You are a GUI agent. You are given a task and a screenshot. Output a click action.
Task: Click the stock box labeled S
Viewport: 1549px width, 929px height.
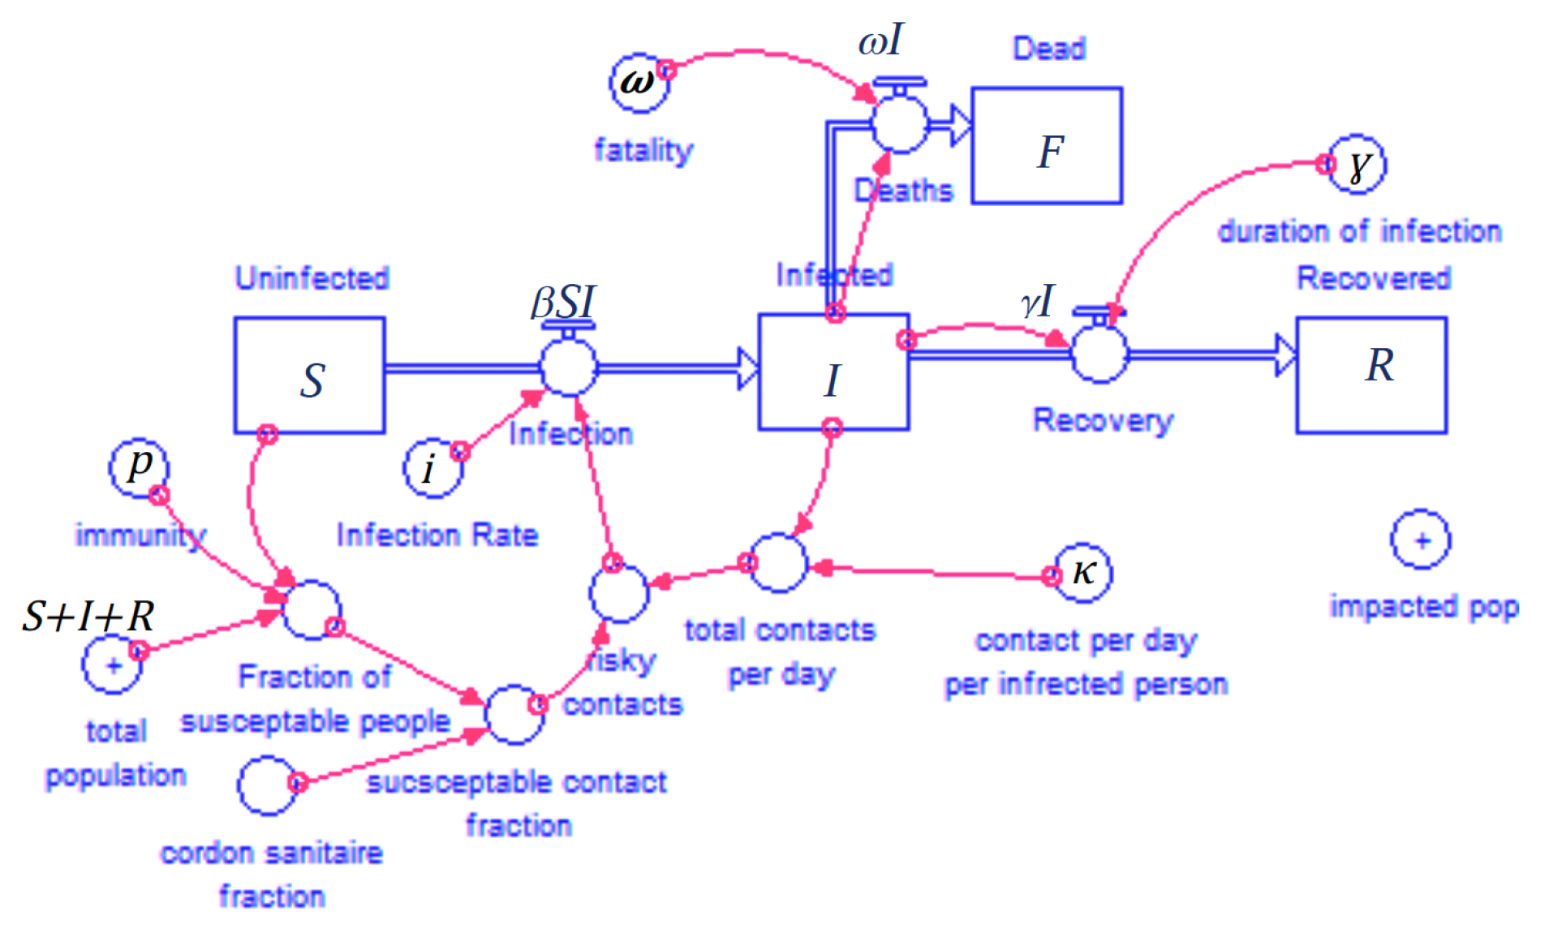(309, 375)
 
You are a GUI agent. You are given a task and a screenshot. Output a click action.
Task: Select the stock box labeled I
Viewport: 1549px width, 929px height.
(833, 372)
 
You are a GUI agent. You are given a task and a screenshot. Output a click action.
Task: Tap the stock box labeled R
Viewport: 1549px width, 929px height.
(1371, 375)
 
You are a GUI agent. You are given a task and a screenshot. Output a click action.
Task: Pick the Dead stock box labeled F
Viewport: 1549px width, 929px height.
(1047, 146)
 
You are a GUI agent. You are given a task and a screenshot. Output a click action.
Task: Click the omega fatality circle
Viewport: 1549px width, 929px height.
(639, 83)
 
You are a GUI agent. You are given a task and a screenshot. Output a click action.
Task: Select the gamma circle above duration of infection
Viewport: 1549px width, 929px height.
(1357, 165)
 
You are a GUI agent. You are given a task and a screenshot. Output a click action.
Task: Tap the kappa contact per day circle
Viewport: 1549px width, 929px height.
(1082, 573)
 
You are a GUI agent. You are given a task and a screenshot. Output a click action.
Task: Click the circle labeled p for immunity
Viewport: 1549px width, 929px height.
(140, 468)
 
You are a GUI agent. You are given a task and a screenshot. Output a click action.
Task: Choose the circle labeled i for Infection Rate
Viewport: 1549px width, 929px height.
(432, 468)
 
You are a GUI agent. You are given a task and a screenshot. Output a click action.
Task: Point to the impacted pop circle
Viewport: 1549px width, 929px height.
(1421, 540)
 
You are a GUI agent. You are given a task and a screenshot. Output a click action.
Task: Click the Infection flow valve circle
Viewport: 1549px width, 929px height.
(568, 367)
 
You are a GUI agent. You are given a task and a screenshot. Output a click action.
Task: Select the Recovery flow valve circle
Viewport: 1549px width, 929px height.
(1099, 354)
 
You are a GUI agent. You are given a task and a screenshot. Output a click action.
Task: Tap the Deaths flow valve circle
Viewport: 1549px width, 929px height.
(900, 124)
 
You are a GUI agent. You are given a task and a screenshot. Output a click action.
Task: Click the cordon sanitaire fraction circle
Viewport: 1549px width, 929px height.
(267, 785)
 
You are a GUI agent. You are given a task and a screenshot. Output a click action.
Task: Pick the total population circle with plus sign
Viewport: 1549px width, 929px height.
(112, 664)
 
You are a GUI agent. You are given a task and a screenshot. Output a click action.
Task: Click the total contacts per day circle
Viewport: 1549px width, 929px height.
(778, 562)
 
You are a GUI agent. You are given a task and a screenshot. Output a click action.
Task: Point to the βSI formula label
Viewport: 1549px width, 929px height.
(563, 303)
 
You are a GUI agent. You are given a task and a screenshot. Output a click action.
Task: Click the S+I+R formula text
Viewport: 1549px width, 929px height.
(88, 617)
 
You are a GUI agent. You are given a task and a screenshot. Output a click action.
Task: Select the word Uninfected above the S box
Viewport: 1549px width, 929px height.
(312, 278)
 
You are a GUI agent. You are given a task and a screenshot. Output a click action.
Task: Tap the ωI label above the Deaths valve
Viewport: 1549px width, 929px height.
(881, 41)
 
